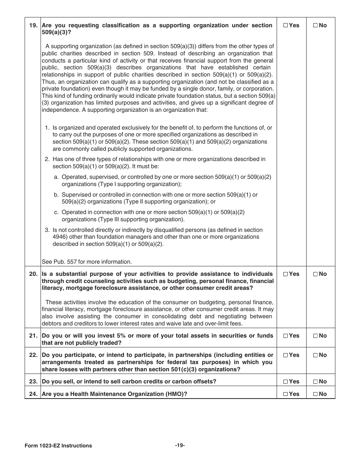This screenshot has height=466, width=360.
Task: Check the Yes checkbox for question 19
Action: click(x=286, y=25)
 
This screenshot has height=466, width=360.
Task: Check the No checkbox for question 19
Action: click(x=315, y=25)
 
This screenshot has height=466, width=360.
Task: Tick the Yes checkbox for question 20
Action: click(x=286, y=274)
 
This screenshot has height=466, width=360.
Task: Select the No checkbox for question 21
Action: click(x=315, y=336)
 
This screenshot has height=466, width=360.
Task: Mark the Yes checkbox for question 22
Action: click(x=286, y=355)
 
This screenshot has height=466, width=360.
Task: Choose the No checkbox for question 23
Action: click(x=315, y=382)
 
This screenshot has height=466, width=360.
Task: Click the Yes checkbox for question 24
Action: click(x=286, y=394)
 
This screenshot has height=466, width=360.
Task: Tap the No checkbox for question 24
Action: click(x=315, y=394)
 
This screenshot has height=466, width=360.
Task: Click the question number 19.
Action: click(x=33, y=25)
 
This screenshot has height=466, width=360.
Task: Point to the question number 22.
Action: click(x=33, y=355)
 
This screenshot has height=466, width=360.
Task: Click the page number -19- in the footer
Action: click(x=180, y=445)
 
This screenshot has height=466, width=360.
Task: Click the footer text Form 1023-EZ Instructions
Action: click(x=58, y=446)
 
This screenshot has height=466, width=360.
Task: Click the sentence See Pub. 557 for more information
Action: click(x=87, y=261)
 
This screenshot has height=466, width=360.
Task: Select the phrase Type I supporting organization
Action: click(x=139, y=184)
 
